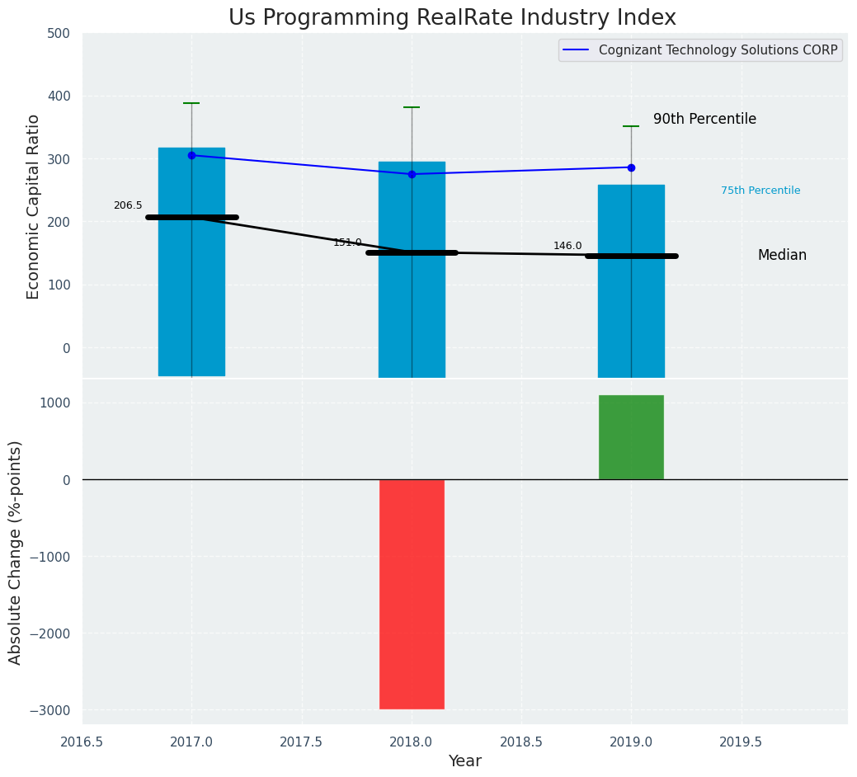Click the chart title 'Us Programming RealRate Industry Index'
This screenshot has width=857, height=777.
pyautogui.click(x=452, y=18)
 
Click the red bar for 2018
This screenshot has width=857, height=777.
pyautogui.click(x=412, y=594)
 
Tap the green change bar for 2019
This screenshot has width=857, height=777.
pyautogui.click(x=631, y=437)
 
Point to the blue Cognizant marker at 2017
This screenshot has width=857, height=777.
pyautogui.click(x=191, y=155)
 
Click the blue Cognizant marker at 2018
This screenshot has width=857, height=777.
pyautogui.click(x=412, y=174)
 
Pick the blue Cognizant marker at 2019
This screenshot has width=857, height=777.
pyautogui.click(x=631, y=167)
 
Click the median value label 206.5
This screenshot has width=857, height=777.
pyautogui.click(x=128, y=205)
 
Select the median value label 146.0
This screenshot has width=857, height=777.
pyautogui.click(x=567, y=246)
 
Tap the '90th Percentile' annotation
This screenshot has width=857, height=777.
pyautogui.click(x=704, y=120)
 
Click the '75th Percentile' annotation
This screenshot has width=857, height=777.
pyautogui.click(x=760, y=191)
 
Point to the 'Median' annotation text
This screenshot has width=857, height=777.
pyautogui.click(x=782, y=256)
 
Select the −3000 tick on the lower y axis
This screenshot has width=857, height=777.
pyautogui.click(x=51, y=710)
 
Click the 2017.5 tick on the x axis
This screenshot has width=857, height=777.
pyautogui.click(x=302, y=742)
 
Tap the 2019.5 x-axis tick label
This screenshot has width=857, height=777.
pyautogui.click(x=741, y=742)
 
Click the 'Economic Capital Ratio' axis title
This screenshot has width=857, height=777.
pyautogui.click(x=34, y=206)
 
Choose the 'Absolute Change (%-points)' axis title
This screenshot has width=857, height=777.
pyautogui.click(x=16, y=552)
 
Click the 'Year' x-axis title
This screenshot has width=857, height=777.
pyautogui.click(x=465, y=761)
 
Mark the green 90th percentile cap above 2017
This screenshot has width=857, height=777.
pyautogui.click(x=191, y=103)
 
